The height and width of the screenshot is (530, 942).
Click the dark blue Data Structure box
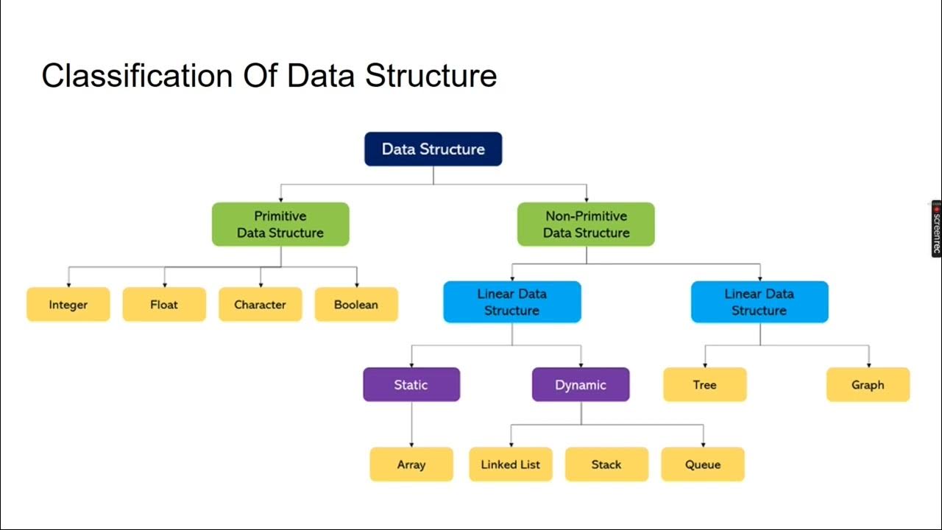(x=433, y=149)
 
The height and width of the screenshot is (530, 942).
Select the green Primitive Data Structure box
(x=280, y=225)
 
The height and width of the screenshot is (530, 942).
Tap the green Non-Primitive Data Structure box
(x=586, y=225)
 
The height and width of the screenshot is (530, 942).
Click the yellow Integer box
(x=68, y=304)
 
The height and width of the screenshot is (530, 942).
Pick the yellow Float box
(x=164, y=304)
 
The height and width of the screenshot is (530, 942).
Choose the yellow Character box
(x=260, y=304)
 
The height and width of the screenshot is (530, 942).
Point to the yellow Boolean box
(x=356, y=304)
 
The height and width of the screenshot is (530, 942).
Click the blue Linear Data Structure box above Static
(x=512, y=302)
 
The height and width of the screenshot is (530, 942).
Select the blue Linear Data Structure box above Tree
(x=759, y=302)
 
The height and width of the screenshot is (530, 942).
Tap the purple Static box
(x=411, y=384)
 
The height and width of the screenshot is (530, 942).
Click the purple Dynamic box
(x=581, y=384)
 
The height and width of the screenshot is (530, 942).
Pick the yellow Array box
(x=411, y=464)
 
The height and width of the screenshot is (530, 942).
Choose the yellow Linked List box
(x=511, y=464)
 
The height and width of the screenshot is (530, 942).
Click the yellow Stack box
(x=606, y=464)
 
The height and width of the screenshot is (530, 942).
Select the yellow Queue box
(x=703, y=464)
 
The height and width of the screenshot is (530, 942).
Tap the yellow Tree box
(x=705, y=384)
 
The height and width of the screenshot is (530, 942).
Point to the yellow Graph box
(x=868, y=384)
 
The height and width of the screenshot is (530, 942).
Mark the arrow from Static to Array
(x=411, y=424)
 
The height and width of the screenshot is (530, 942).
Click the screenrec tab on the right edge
(x=936, y=229)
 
